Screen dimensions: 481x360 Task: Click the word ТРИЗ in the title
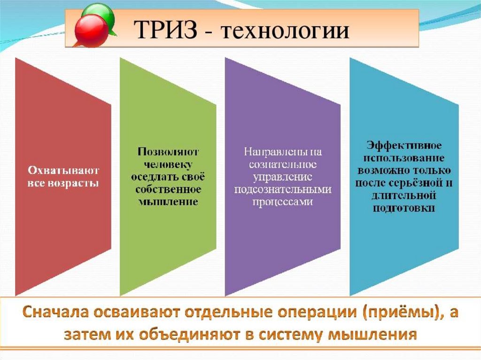166,30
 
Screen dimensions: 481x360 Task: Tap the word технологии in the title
285,31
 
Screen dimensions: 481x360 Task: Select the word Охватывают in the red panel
63,170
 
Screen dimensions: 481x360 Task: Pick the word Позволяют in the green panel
168,152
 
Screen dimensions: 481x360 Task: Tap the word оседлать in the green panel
153,177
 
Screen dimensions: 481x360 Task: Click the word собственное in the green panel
168,189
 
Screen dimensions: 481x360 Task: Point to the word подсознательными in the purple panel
283,189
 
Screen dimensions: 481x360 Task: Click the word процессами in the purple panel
282,202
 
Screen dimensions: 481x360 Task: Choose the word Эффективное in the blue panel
404,145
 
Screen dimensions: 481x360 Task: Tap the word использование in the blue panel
403,158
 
